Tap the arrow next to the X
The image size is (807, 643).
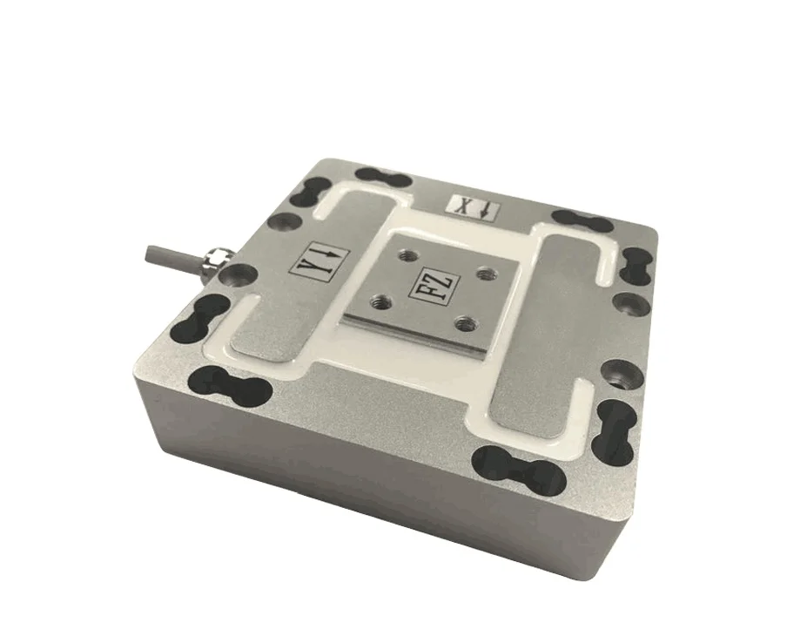pos(484,210)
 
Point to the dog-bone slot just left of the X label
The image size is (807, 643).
pos(381,179)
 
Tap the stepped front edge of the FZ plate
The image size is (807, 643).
pos(418,335)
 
